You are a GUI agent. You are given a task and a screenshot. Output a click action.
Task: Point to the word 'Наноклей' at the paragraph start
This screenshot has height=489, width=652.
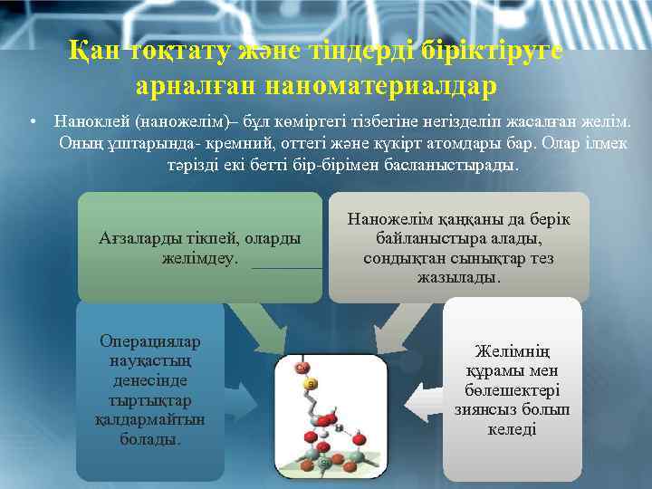click(x=91, y=120)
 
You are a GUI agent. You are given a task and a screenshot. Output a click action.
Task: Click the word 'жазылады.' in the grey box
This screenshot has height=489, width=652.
click(x=459, y=277)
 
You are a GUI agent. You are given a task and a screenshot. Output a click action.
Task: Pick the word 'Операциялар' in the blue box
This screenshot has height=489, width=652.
click(x=150, y=341)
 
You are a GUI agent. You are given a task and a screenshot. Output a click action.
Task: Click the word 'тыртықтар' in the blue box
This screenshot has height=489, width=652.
click(x=150, y=399)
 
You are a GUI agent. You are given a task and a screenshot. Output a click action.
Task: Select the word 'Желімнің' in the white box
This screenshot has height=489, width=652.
click(x=512, y=351)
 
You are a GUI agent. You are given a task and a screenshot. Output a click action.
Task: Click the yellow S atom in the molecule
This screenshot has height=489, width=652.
click(x=312, y=385)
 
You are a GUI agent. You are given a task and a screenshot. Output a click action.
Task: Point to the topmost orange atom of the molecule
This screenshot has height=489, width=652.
click(x=302, y=367)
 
